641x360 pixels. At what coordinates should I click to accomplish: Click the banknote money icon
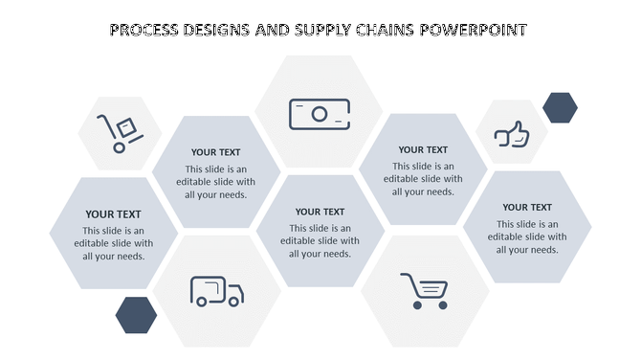click(x=320, y=114)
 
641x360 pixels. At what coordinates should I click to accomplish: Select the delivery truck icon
click(x=216, y=291)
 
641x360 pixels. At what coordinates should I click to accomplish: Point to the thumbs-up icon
click(x=512, y=134)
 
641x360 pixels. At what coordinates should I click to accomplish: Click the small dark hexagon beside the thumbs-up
click(x=560, y=108)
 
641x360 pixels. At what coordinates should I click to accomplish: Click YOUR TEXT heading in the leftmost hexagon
click(x=113, y=214)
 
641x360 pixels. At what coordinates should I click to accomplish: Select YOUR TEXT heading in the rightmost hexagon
click(x=527, y=207)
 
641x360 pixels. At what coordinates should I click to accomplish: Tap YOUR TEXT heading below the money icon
click(x=320, y=212)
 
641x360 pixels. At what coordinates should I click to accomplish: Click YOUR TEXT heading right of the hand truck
click(x=215, y=152)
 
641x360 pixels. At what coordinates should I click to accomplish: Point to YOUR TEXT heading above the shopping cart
click(x=423, y=149)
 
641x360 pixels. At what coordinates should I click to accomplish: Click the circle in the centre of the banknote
click(x=320, y=115)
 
